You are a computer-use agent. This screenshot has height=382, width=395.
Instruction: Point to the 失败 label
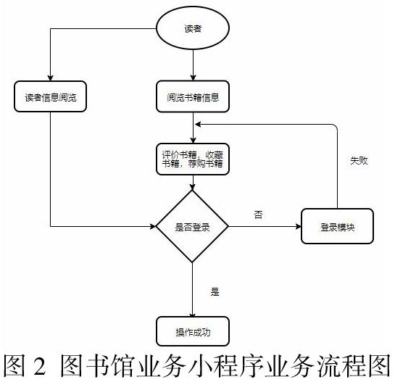click(x=359, y=160)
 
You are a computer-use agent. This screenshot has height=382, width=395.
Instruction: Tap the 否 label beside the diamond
click(x=259, y=215)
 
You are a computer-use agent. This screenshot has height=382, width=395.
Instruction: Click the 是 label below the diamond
click(x=215, y=291)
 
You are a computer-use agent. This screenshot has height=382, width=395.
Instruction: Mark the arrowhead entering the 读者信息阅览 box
click(x=51, y=78)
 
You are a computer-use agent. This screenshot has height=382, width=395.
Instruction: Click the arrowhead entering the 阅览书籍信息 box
click(x=193, y=78)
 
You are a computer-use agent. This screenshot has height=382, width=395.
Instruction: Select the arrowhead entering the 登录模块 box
click(x=298, y=226)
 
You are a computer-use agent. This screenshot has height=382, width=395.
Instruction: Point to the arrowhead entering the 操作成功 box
click(x=193, y=315)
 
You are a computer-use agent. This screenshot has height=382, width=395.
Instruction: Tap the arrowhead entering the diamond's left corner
click(x=153, y=226)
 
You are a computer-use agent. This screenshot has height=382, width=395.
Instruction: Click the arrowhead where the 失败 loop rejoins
click(x=199, y=124)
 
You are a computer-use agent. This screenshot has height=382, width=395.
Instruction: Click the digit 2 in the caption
click(x=40, y=365)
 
